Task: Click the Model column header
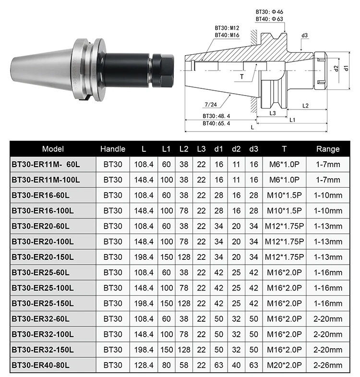point(53,149)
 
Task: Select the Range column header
point(328,149)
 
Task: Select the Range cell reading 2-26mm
point(328,365)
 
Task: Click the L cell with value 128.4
point(144,365)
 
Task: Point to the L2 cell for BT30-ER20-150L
point(183,257)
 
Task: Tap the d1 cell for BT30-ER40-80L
point(218,365)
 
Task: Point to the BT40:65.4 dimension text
point(216,123)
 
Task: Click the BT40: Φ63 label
point(270,19)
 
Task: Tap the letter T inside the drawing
point(241,76)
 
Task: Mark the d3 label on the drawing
point(304,36)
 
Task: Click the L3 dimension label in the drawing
point(272,113)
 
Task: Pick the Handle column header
point(113,149)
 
